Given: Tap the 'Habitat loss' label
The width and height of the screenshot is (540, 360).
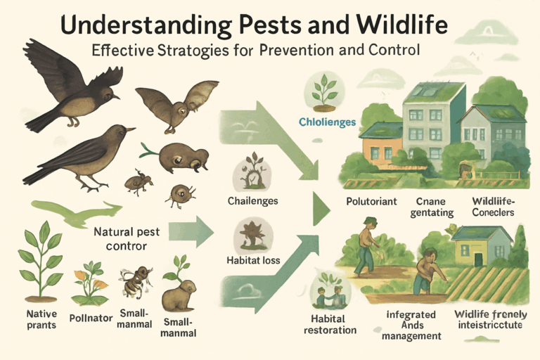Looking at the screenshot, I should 253,260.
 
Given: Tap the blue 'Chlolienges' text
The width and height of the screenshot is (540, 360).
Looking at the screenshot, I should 327,122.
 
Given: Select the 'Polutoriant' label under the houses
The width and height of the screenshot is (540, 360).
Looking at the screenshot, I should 372,201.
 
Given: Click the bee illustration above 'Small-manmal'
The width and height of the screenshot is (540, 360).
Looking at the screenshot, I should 135,282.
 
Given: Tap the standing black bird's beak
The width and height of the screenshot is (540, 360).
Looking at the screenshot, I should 130,129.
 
